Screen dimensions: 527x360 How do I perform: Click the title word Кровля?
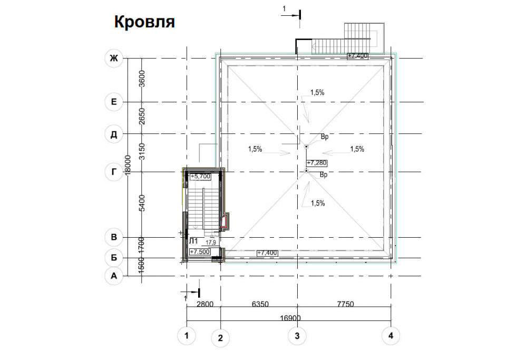(x=144, y=22)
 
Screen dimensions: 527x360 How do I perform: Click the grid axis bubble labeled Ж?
(x=114, y=58)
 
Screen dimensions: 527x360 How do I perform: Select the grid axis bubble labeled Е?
(x=114, y=102)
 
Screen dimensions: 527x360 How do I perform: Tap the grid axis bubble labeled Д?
(x=114, y=134)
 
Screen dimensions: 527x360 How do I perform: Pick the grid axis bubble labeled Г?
(x=114, y=172)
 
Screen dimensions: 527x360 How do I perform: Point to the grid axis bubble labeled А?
(x=114, y=276)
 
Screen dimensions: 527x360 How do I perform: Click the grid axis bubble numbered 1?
(x=187, y=335)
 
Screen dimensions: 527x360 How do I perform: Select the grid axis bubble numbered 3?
(x=297, y=336)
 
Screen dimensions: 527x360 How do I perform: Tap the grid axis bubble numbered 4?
(x=391, y=335)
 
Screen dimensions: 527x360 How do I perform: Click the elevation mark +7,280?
(x=317, y=163)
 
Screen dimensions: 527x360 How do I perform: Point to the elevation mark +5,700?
(x=200, y=177)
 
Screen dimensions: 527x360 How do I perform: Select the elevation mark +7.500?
(x=200, y=252)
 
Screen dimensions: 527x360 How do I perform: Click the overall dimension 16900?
(x=290, y=318)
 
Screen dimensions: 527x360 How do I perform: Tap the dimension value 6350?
(x=260, y=304)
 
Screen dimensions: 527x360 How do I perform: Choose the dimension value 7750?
(x=346, y=304)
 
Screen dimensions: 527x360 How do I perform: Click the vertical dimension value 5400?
(x=142, y=203)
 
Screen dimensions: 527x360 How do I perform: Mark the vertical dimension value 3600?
(x=142, y=79)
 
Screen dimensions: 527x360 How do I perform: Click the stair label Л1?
(x=193, y=241)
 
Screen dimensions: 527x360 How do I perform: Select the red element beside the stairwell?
(x=224, y=222)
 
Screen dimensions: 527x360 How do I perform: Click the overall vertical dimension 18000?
(x=128, y=165)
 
